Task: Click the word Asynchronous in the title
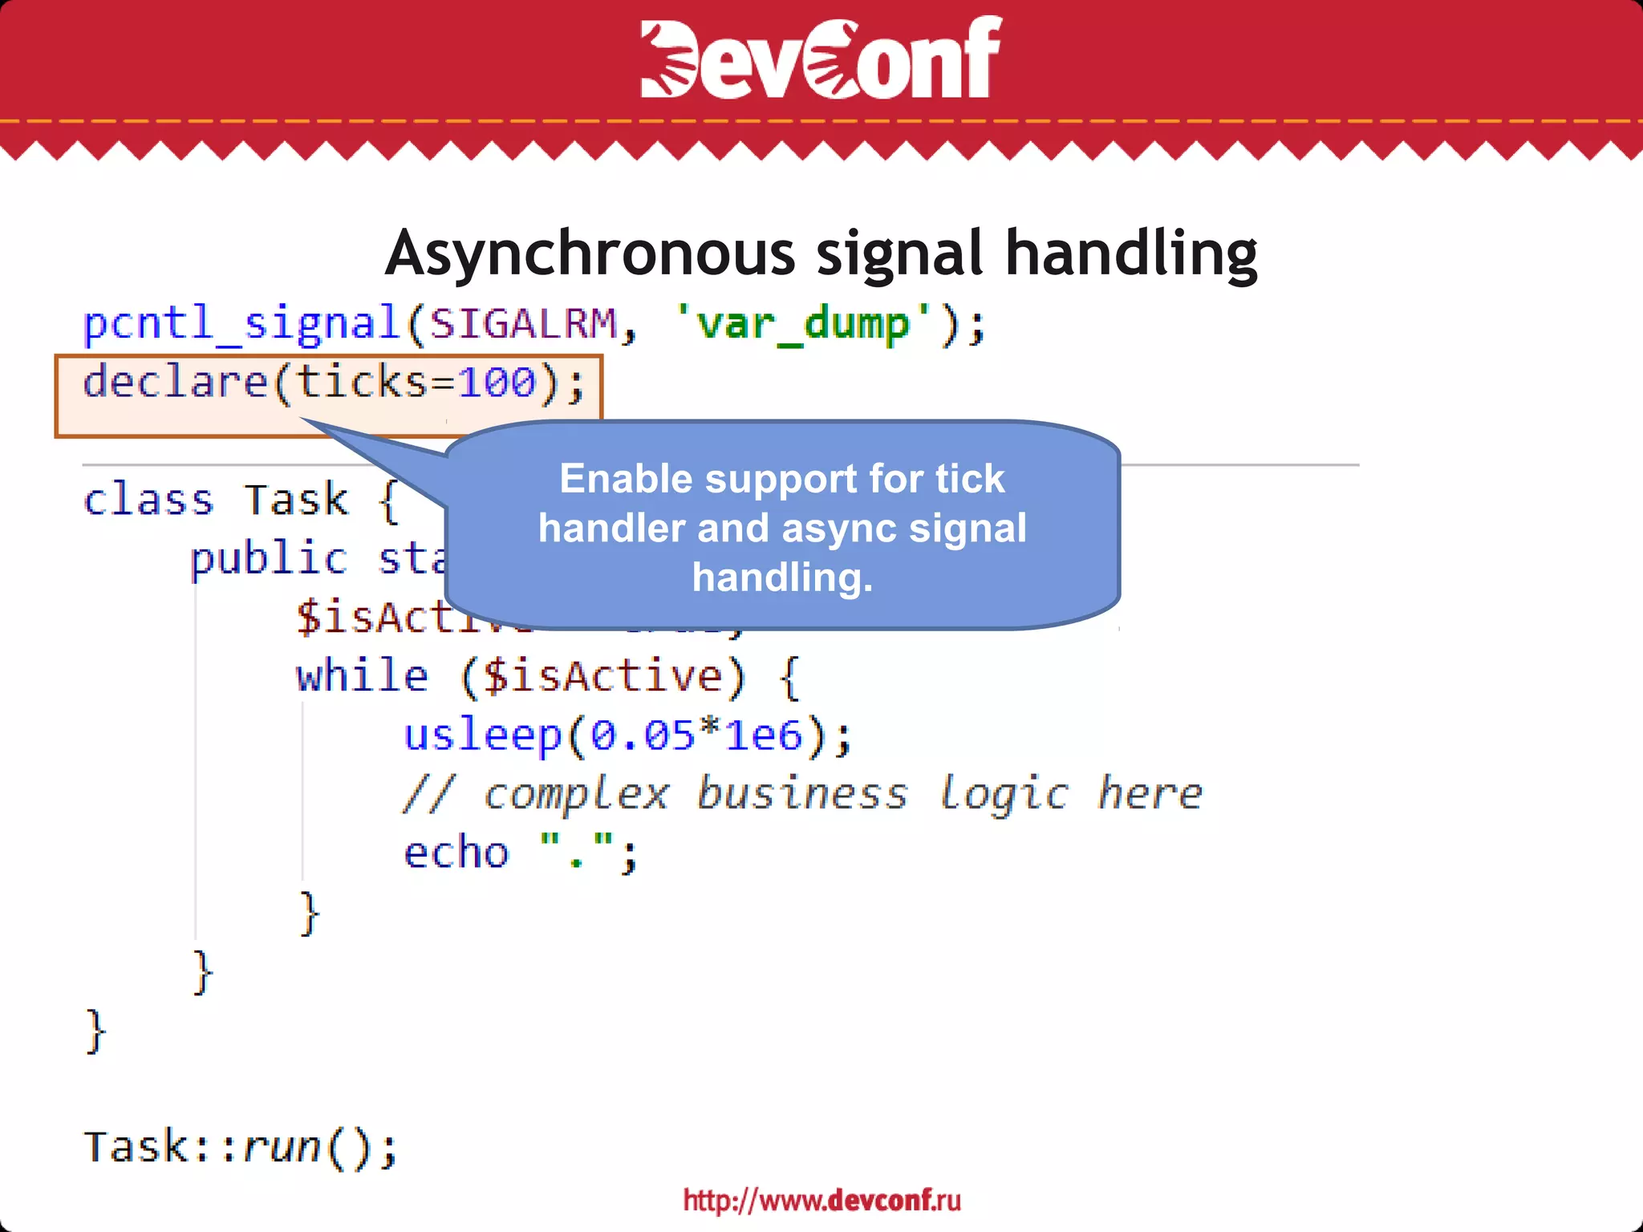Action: coord(590,253)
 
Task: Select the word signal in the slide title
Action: coord(900,253)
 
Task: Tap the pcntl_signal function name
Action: coord(241,324)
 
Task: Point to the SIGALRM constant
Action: coord(522,324)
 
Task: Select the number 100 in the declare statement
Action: coord(497,382)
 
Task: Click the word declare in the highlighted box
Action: coord(175,382)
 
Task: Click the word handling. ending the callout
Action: coord(782,577)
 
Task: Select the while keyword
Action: coord(362,676)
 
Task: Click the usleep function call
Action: coord(482,735)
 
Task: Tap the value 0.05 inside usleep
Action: coord(643,735)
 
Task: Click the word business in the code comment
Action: coord(802,794)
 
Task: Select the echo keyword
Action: coord(456,853)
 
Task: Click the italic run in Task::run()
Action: coord(282,1147)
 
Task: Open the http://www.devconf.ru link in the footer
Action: coord(821,1200)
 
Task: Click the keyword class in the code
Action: coord(148,500)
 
